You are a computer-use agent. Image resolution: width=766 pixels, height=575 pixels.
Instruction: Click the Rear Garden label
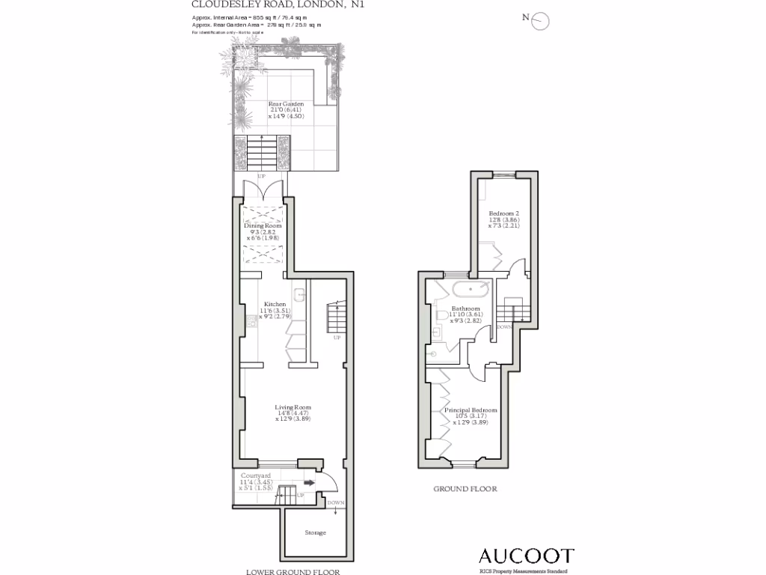click(x=286, y=104)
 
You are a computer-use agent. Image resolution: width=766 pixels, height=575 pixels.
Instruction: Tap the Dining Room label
click(x=263, y=225)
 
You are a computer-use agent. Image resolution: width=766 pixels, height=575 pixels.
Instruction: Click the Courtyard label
click(x=256, y=475)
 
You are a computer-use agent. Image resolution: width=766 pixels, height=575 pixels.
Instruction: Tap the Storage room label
click(x=315, y=533)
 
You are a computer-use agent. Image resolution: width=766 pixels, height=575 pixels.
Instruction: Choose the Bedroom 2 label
click(x=504, y=213)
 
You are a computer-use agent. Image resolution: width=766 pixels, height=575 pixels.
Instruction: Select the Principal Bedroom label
click(x=471, y=410)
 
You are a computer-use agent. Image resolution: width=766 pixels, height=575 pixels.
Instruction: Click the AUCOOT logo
click(x=526, y=556)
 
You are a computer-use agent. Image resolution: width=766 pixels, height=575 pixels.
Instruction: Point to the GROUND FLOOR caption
click(x=465, y=489)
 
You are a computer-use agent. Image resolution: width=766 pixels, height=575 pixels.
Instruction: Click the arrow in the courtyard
click(x=308, y=483)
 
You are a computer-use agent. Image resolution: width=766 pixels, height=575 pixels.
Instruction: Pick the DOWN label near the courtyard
click(x=336, y=502)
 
